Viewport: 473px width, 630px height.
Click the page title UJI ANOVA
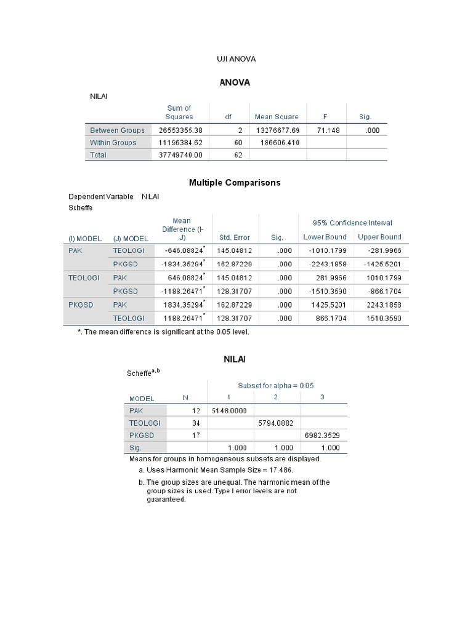pos(236,59)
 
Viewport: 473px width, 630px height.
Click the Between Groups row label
pos(117,130)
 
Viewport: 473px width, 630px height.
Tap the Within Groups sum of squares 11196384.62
pos(180,143)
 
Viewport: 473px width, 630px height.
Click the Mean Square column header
pos(277,116)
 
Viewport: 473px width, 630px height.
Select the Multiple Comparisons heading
pos(235,183)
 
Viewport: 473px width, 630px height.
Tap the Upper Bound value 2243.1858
pos(379,305)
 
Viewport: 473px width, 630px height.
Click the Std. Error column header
pos(235,237)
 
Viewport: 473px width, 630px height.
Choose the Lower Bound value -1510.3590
pos(325,291)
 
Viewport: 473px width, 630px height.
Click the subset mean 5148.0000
pos(229,410)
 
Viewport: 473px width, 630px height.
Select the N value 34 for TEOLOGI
pos(196,423)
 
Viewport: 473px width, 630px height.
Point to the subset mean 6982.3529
pos(323,436)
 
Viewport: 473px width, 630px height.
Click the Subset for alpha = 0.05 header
pos(276,386)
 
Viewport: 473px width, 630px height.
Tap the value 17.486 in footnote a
pos(281,470)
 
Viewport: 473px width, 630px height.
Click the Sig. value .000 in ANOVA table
pos(371,130)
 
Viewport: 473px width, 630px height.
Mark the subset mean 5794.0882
pos(276,423)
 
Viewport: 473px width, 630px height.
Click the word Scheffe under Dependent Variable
pos(81,209)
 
